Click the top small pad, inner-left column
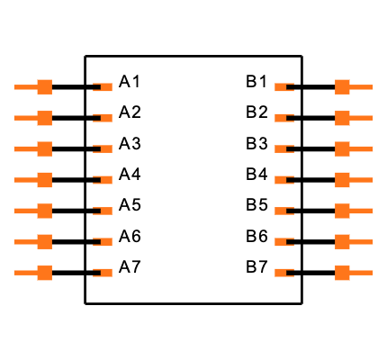click(x=104, y=87)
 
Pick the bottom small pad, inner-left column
click(x=104, y=273)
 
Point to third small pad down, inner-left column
click(x=104, y=149)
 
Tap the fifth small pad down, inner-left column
click(x=104, y=211)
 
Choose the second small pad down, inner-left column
click(x=104, y=118)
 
